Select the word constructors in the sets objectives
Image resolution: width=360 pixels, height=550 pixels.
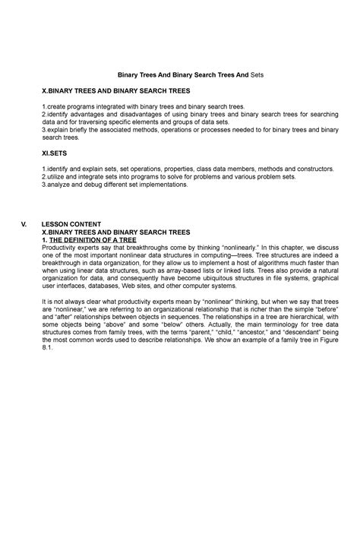pos(313,169)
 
